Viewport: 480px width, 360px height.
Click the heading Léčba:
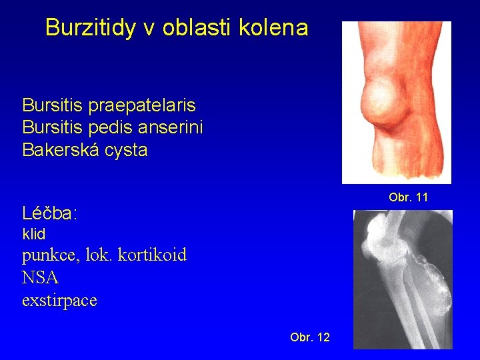[50, 214]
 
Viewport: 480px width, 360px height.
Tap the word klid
[34, 234]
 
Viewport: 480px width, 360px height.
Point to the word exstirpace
[59, 301]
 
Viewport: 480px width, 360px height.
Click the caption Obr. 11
[408, 197]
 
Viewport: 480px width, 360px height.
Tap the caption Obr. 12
[310, 337]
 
